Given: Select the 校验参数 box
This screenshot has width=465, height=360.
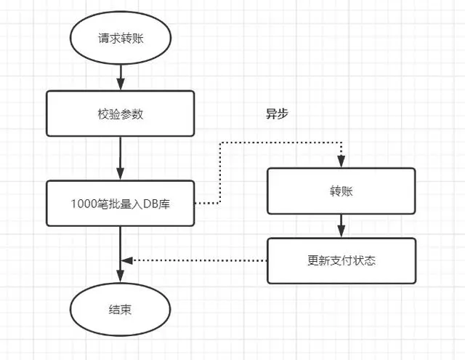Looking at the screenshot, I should (x=120, y=113).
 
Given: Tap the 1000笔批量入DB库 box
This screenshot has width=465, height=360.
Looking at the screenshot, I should (x=120, y=203).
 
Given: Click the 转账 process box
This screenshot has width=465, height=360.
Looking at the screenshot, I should (x=341, y=191).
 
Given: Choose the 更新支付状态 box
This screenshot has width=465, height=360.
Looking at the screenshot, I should (x=341, y=260).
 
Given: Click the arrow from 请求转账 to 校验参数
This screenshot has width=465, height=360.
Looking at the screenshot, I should (x=119, y=76).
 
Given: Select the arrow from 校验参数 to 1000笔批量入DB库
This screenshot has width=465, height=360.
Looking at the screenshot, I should (x=119, y=159).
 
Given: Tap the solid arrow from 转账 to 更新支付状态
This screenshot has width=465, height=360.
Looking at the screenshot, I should (x=341, y=225).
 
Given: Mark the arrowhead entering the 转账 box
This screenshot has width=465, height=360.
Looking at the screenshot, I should (x=341, y=164).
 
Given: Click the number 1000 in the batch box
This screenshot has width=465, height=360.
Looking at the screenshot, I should (x=81, y=203).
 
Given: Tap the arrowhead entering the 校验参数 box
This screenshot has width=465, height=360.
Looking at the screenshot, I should (x=119, y=86).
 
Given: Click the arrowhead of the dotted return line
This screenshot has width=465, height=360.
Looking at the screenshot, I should (x=126, y=260).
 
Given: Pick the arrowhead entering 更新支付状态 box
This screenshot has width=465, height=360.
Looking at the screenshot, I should (x=341, y=233).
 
